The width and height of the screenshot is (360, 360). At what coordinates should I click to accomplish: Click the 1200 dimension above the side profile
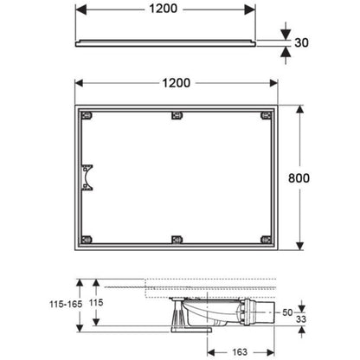point(163,9)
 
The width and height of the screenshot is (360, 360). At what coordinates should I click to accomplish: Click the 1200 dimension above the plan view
point(177,83)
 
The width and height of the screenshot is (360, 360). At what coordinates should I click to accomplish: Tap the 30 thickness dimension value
point(301,42)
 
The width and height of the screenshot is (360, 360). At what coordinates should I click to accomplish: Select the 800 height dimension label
point(299,178)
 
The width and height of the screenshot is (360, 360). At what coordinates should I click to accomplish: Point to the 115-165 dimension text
point(66,304)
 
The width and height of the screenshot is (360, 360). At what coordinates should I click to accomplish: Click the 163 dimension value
point(240,352)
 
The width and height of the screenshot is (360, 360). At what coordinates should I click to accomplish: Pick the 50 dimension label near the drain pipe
point(287,312)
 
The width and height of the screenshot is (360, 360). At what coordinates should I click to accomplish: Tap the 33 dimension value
point(301,319)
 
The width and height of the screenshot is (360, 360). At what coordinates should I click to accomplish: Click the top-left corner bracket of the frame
point(87,116)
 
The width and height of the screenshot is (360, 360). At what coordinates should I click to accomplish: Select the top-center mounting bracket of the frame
point(177,116)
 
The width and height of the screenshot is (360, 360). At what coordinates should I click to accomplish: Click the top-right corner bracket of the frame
point(267,116)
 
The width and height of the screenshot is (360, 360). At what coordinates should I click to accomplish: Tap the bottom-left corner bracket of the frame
point(87,240)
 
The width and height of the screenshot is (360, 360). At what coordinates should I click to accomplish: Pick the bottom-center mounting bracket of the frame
point(177,240)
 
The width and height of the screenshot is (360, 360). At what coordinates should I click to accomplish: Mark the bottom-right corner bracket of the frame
point(267,240)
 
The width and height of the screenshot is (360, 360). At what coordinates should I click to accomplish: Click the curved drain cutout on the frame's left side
point(87,177)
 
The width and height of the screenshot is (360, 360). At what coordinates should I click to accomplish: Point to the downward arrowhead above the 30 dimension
point(286,35)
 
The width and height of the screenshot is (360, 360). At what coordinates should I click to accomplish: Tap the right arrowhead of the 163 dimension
point(270,352)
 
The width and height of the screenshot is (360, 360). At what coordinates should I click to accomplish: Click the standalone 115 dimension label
point(96,302)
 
